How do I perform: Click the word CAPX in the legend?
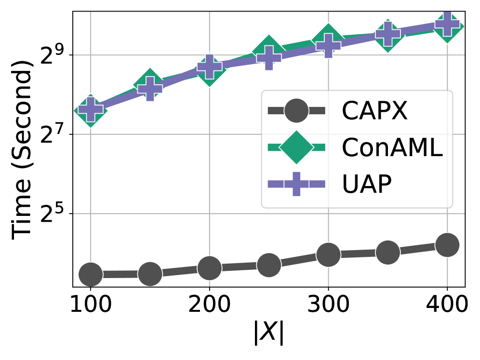click(x=374, y=111)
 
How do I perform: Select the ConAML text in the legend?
click(x=392, y=148)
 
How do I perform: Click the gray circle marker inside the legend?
click(x=296, y=111)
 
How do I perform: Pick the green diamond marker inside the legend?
click(x=296, y=147)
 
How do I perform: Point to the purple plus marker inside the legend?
click(x=296, y=184)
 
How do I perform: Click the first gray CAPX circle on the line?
click(x=91, y=274)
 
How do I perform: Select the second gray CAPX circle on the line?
click(x=150, y=274)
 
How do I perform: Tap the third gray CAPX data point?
click(x=210, y=268)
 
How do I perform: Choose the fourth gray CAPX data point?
click(x=269, y=265)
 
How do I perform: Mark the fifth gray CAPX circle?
click(x=329, y=254)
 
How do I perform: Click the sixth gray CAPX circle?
click(x=388, y=252)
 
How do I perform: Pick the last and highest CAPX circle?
click(x=447, y=245)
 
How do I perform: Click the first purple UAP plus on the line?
click(x=91, y=109)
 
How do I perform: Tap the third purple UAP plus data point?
click(x=210, y=67)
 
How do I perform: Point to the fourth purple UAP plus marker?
click(x=269, y=58)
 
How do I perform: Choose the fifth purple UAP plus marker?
click(x=329, y=46)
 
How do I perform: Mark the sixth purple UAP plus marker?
click(x=388, y=34)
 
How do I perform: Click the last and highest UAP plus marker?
click(x=447, y=24)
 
